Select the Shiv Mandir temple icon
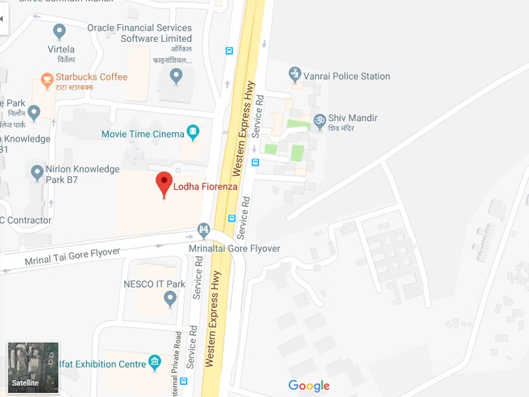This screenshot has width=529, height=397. [x=320, y=119]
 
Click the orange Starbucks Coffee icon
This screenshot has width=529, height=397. [x=48, y=80]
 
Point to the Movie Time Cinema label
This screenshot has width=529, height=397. [x=143, y=134]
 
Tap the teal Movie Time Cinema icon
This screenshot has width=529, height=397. [x=192, y=132]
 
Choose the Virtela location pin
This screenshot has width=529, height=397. [x=60, y=31]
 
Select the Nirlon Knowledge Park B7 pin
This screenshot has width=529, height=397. [x=38, y=171]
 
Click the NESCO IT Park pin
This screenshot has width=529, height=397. [x=170, y=299]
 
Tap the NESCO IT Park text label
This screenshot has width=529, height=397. [x=154, y=284]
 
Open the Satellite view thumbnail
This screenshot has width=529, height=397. [x=33, y=367]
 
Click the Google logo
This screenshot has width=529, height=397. [x=309, y=386]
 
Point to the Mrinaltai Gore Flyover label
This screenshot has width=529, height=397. [x=234, y=248]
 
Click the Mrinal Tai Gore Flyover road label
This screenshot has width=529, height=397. [x=72, y=255]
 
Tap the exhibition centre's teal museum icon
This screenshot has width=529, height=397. [x=155, y=364]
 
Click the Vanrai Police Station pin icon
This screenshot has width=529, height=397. [x=295, y=74]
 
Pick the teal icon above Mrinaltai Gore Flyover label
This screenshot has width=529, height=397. [x=204, y=230]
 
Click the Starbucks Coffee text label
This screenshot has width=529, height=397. [x=92, y=77]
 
